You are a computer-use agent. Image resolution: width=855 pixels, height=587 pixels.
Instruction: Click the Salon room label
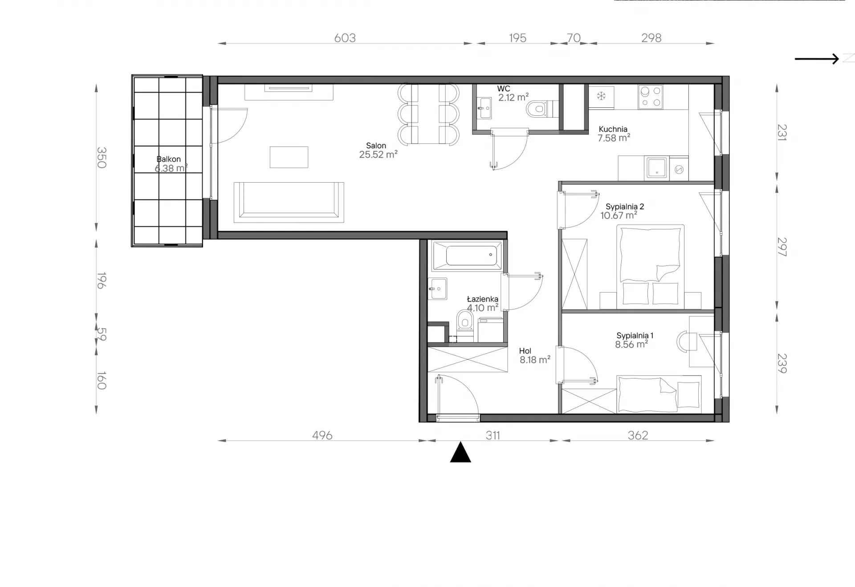pos(376,146)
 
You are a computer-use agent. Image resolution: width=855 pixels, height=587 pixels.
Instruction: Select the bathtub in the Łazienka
pos(467,256)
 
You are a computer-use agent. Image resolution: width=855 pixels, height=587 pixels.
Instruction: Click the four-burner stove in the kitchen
pos(650,97)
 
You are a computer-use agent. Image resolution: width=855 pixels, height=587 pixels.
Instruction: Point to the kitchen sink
pos(657,167)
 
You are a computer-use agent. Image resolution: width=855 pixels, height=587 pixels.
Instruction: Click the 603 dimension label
pos(345,38)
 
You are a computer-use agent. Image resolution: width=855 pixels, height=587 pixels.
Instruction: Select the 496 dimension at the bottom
pos(322,435)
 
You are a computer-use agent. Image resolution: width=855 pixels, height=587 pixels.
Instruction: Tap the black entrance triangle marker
pos(460,452)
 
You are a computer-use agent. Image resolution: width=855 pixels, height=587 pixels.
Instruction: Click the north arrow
pos(817,59)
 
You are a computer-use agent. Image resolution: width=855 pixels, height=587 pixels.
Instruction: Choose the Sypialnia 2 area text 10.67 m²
pos(619,216)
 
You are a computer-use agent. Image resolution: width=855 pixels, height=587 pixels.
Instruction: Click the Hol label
pos(525,351)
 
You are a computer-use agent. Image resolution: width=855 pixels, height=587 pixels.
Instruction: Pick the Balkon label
pos(168,159)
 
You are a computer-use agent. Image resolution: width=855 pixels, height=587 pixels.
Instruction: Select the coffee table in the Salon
pos(289,157)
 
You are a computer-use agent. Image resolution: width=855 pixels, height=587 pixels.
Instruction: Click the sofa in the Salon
pos(289,202)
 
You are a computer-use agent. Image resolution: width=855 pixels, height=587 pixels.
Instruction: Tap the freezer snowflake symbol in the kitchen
pos(601,96)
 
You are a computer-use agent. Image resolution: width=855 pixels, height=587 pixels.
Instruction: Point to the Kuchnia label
pos(613,130)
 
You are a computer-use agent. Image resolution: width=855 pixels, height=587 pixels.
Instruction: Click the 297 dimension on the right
pos(782,247)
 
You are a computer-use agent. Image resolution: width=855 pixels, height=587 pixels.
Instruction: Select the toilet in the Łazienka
pos(465,325)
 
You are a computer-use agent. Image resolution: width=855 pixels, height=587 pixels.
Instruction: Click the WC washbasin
pos(484,108)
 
